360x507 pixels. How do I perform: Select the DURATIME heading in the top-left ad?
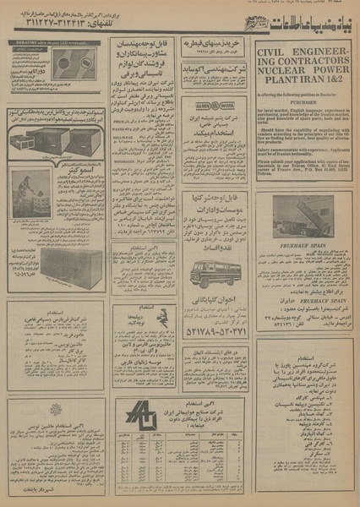coord(42,40)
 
